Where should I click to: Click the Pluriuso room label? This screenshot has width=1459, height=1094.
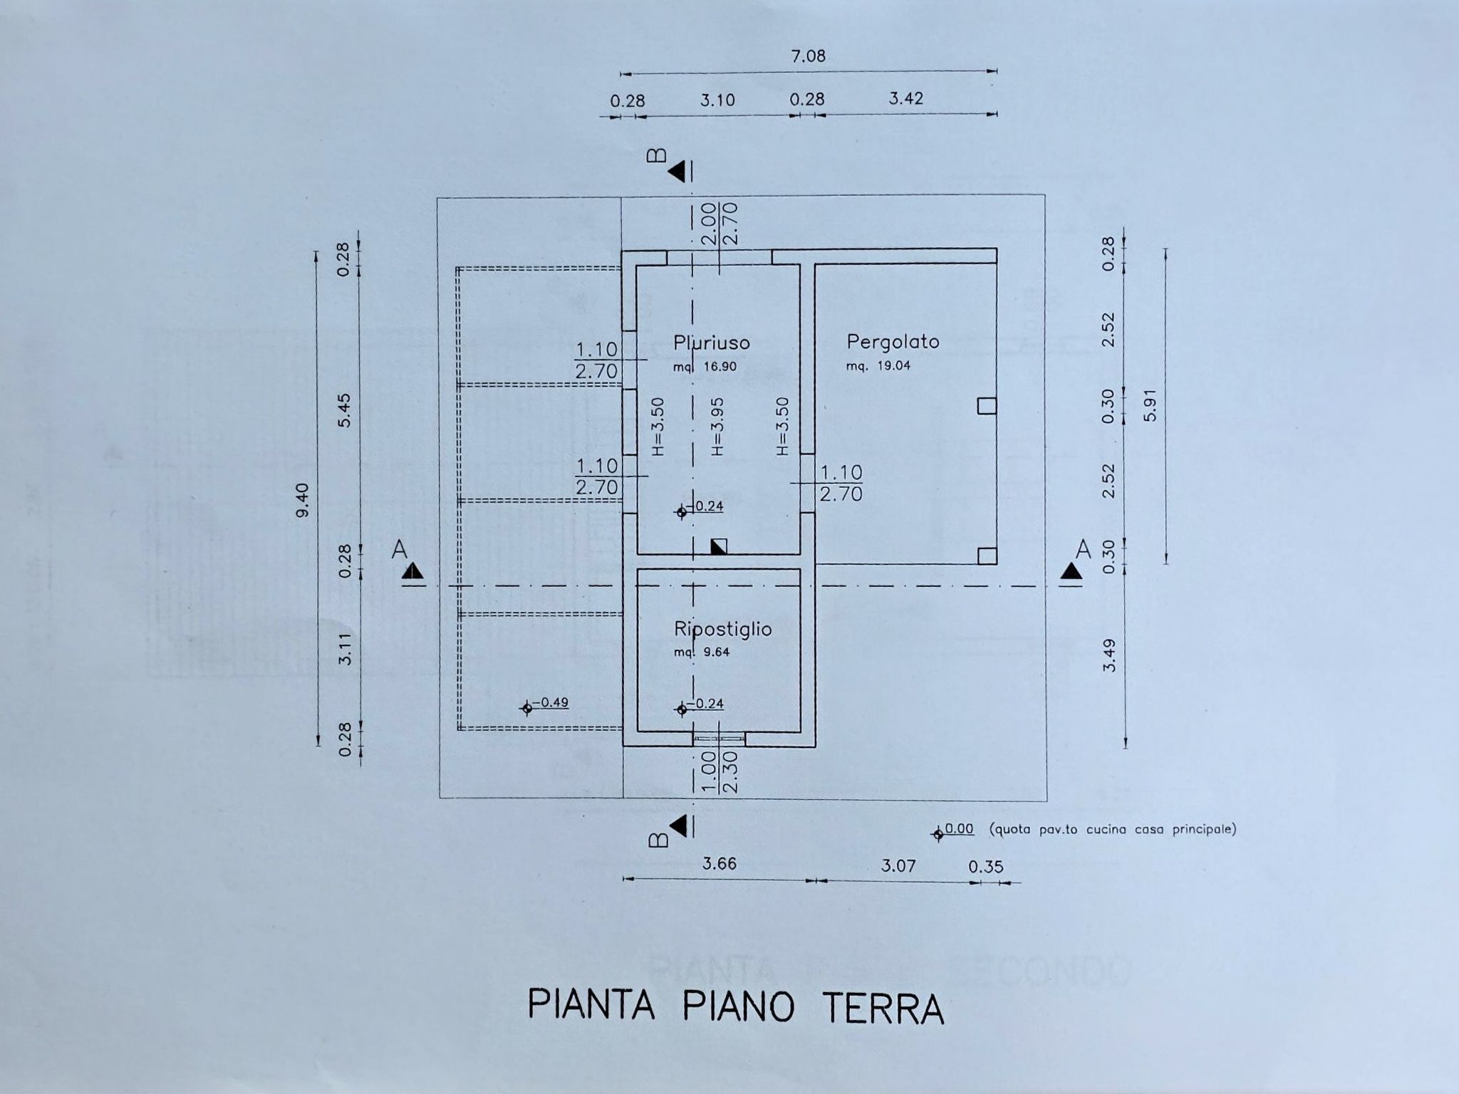712,343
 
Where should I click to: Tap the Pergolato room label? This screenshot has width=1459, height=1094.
893,343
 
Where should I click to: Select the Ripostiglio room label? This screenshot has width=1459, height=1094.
723,630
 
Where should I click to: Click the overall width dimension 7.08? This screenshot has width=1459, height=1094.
809,56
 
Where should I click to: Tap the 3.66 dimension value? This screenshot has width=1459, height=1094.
720,864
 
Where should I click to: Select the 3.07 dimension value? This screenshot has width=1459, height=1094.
898,866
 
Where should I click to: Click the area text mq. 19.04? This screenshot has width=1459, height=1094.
878,366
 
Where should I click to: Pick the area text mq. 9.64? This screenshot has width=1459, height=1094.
702,652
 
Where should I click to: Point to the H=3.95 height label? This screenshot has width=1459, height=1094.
717,427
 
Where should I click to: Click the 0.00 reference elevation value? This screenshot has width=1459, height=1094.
959,828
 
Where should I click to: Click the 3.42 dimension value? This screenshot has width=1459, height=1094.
906,98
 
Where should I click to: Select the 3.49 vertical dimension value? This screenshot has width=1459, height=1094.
1108,655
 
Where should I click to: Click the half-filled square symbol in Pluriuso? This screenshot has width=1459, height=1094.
719,547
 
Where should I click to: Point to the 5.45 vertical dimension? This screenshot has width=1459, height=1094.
345,410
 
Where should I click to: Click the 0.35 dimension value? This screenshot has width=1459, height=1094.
986,867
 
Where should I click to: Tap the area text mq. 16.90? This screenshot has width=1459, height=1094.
705,367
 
